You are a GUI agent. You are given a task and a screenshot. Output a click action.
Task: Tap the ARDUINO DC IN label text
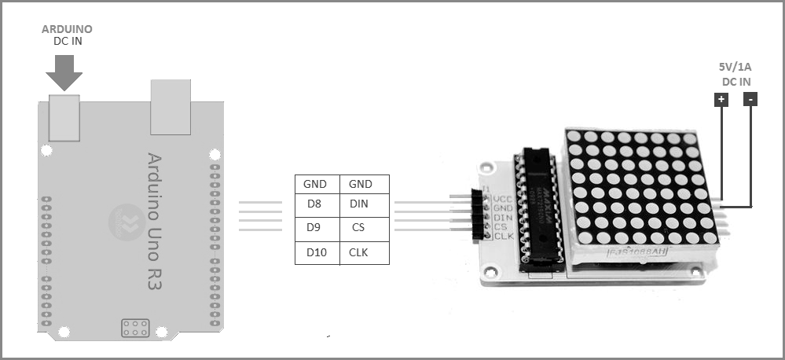coord(67,35)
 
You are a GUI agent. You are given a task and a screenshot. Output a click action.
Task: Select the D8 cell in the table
coord(314,204)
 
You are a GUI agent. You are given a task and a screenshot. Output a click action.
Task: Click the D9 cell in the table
coord(314,229)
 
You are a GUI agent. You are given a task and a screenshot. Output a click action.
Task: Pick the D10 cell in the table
coord(315,252)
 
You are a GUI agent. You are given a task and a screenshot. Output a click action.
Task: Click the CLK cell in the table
coord(360,252)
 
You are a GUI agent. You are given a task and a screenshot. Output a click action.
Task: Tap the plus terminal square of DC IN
coord(721,100)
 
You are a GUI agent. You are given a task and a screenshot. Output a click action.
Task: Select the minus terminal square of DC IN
coord(750,100)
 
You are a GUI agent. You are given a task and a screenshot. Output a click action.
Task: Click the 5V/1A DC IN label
coord(736,75)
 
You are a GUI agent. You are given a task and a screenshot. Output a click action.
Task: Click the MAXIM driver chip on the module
coord(541,204)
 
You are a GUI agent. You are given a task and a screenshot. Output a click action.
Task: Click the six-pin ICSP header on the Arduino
coord(135,328)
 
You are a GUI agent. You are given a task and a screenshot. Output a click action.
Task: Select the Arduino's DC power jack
coord(63,117)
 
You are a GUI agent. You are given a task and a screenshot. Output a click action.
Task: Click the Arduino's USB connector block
coord(171,107)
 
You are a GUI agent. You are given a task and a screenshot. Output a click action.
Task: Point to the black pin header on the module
coord(475,214)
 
